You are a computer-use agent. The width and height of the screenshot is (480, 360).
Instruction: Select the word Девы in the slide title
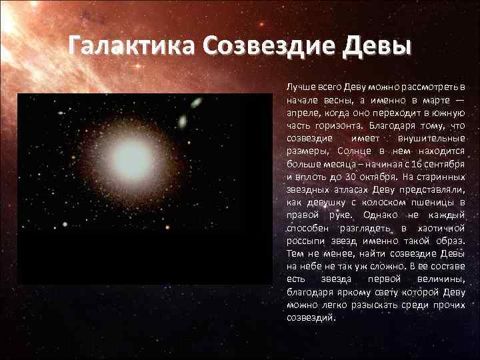coord(376,48)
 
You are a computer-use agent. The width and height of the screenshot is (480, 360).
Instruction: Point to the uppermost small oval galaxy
coord(197,103)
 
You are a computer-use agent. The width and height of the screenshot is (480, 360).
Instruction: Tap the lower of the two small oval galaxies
coord(183,121)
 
